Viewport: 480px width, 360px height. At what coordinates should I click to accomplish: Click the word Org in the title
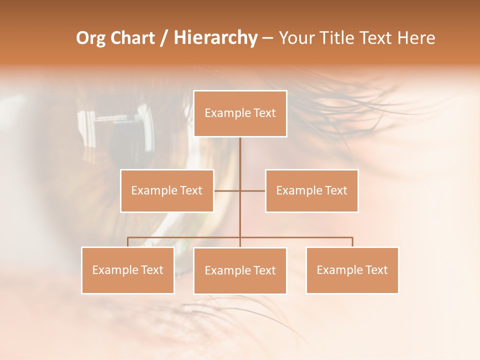point(91,38)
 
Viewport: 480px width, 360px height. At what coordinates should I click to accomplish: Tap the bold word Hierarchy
point(215,38)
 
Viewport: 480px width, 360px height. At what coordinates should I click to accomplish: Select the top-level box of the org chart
point(240,113)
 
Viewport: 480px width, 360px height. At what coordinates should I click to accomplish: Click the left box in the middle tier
point(167,190)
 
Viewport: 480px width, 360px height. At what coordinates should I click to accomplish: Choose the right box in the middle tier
point(311,190)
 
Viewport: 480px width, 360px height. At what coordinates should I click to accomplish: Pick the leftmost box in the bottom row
point(128,270)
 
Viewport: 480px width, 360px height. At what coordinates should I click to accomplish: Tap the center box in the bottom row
point(240,270)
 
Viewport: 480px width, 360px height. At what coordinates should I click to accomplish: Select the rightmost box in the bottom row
point(352,270)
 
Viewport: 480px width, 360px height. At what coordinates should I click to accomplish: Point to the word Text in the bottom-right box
point(376,270)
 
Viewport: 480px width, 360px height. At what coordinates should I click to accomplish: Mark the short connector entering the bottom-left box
point(128,242)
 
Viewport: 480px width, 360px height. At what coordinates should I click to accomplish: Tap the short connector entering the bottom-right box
point(352,242)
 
